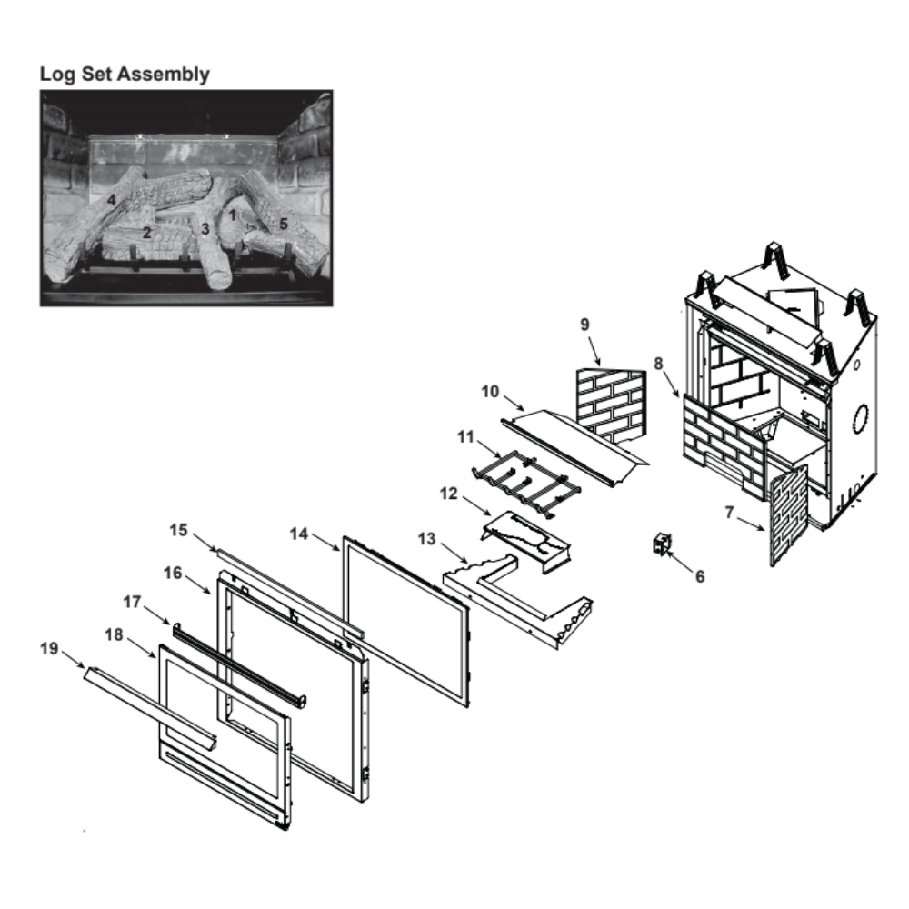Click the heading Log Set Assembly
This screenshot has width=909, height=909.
click(x=125, y=75)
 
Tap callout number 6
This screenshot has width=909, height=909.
click(x=699, y=576)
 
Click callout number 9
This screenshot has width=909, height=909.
click(x=584, y=325)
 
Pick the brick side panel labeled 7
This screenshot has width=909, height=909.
click(x=788, y=514)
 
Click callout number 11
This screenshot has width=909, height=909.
click(x=466, y=437)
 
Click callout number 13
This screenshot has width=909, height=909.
click(x=427, y=540)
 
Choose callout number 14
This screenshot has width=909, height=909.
click(x=299, y=534)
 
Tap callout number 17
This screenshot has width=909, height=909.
click(x=133, y=601)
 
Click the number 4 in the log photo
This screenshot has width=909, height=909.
click(x=111, y=199)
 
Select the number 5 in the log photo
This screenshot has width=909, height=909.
click(x=283, y=222)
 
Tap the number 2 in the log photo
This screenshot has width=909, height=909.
click(x=146, y=233)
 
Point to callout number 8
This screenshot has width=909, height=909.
click(x=657, y=363)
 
